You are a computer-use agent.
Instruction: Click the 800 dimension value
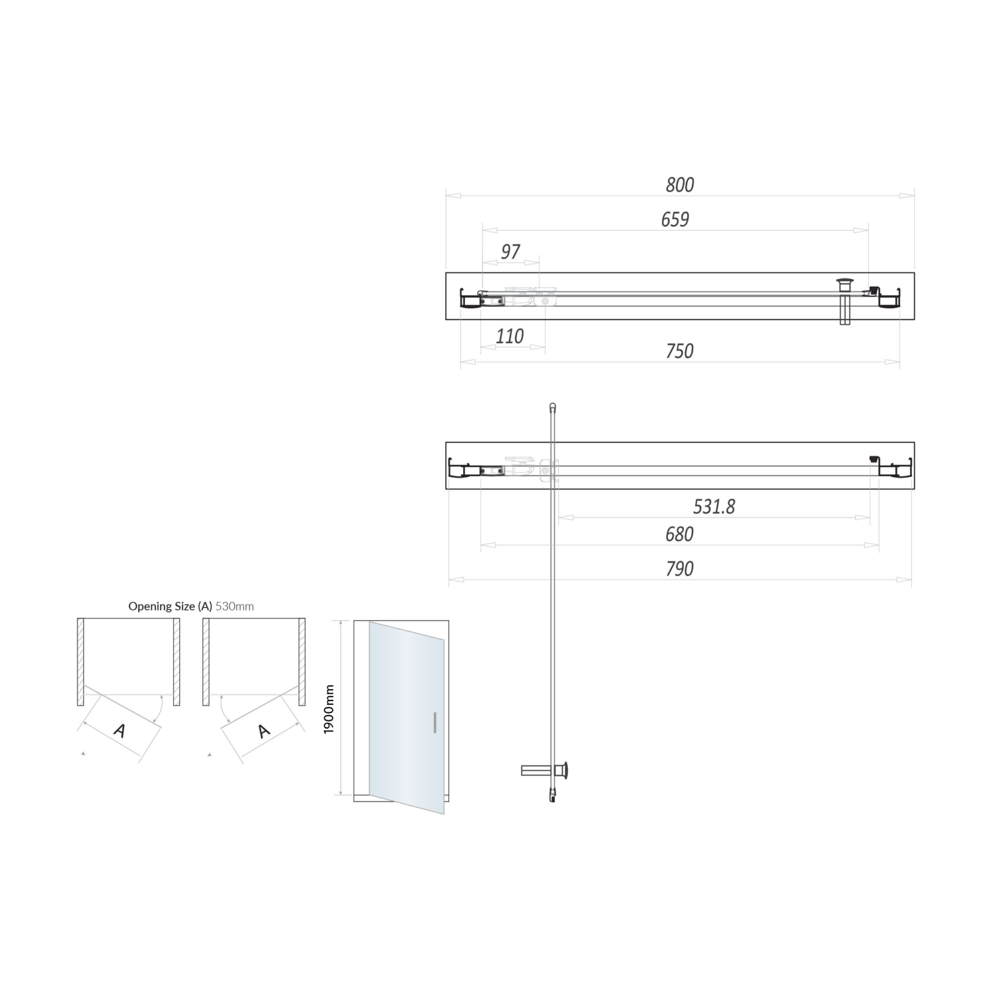(x=680, y=185)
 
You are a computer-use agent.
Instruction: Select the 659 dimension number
(x=675, y=220)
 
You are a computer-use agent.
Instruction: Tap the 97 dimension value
(x=511, y=252)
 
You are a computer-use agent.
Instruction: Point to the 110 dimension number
(x=510, y=337)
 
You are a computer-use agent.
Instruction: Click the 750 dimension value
(x=680, y=351)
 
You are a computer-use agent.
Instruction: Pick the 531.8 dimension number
(x=714, y=507)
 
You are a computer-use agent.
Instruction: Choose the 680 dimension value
(x=680, y=534)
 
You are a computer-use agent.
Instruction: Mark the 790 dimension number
(x=680, y=569)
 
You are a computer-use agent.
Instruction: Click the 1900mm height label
(x=329, y=709)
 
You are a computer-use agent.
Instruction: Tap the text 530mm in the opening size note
(x=235, y=606)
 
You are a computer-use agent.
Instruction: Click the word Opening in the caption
(x=152, y=606)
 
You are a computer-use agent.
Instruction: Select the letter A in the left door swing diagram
(x=120, y=731)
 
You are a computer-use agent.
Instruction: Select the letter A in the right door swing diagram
(x=264, y=731)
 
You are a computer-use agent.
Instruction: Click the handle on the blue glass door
(x=434, y=723)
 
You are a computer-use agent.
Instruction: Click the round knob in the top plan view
(x=845, y=285)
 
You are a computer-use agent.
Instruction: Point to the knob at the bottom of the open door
(x=565, y=770)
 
